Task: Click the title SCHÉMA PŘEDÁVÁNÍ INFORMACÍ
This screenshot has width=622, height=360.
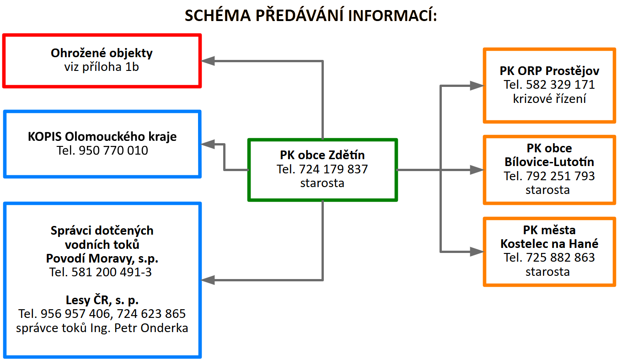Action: click(311, 15)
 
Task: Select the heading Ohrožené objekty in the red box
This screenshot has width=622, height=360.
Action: click(102, 53)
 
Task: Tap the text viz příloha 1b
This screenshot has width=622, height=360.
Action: click(102, 67)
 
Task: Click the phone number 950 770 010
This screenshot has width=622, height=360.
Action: click(113, 150)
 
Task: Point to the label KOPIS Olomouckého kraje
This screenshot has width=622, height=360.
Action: click(102, 136)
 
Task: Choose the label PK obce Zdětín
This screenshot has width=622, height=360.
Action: click(322, 156)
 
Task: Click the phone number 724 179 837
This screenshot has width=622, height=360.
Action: click(333, 169)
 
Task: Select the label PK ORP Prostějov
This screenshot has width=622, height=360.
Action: click(549, 71)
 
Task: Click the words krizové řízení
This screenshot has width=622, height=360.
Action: click(549, 99)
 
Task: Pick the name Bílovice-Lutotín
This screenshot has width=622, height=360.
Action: click(549, 162)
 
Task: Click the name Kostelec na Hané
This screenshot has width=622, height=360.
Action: click(549, 244)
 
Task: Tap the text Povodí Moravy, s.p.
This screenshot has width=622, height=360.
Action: click(102, 258)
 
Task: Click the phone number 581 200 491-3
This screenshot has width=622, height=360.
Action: click(112, 273)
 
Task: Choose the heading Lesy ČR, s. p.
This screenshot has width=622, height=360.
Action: click(102, 301)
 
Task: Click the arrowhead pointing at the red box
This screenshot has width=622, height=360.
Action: click(209, 61)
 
